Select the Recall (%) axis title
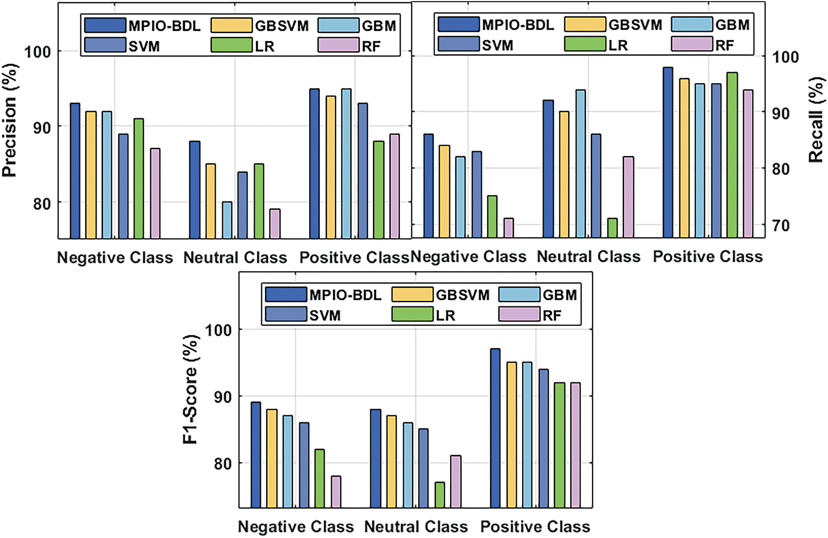816,120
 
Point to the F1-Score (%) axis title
190,389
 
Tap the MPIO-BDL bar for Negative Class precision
75,171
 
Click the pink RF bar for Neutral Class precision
275,223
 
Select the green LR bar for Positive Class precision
379,190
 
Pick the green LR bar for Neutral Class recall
612,228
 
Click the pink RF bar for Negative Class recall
508,228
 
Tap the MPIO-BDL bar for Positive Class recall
668,152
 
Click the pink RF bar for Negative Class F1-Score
336,491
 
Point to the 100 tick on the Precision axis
37,52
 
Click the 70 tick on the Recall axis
781,225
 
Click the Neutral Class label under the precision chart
235,257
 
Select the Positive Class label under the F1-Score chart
535,526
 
